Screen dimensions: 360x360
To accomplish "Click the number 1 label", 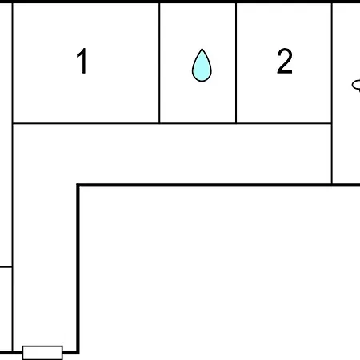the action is (x=82, y=61).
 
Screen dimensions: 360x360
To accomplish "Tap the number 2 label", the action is (x=285, y=61).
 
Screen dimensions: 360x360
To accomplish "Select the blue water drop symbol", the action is (x=202, y=65).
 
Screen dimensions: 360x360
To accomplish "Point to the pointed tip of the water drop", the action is (x=202, y=49).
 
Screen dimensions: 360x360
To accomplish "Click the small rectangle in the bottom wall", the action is (x=42, y=353).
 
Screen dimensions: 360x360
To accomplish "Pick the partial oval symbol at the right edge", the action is (x=356, y=86).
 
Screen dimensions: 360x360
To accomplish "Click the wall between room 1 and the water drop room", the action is (x=159, y=63).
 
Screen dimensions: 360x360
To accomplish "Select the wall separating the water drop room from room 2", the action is (x=236, y=63).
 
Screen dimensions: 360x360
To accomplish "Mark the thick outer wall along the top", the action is (x=180, y=2).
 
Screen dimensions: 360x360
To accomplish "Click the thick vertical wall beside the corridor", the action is (x=78, y=269).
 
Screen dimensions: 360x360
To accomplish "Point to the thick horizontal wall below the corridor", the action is (x=218, y=185).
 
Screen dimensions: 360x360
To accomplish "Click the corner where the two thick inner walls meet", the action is (x=78, y=185).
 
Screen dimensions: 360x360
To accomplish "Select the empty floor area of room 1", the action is (x=86, y=98).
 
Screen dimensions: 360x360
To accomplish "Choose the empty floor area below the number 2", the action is (x=284, y=98).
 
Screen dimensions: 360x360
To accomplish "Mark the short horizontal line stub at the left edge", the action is (x=6, y=266).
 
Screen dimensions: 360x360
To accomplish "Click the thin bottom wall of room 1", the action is (x=86, y=123).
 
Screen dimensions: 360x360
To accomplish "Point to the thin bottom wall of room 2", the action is (x=284, y=123).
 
